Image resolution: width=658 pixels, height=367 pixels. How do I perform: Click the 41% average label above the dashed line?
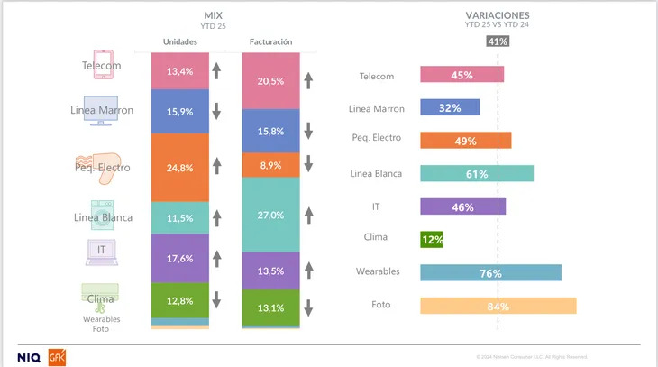pos(498,41)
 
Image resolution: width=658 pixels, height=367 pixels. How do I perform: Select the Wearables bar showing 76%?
pos(490,272)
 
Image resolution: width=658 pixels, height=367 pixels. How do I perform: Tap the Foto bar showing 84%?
pos(498,306)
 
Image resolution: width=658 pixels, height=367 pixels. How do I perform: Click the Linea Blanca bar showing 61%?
pos(477,173)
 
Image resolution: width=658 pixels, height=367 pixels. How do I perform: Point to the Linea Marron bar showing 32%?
pos(450,107)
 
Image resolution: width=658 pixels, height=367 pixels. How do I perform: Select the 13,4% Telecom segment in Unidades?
pos(180,71)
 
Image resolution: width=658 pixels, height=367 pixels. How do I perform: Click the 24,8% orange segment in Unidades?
pos(180,167)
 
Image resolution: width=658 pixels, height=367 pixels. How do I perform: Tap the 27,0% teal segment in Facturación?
pos(270,215)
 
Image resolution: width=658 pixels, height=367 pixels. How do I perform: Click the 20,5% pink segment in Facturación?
pos(270,81)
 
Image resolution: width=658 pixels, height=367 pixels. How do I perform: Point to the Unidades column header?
pos(180,41)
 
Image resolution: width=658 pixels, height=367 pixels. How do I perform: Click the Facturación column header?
pos(270,41)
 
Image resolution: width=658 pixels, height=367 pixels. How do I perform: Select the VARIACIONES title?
pos(497,15)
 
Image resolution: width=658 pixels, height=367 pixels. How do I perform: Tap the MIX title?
pos(214,15)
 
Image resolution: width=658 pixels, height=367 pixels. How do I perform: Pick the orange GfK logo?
pos(56,356)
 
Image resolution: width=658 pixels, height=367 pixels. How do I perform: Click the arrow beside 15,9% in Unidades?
pos(216,111)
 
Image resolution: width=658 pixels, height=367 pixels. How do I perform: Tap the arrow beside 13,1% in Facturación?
pos(307,307)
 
